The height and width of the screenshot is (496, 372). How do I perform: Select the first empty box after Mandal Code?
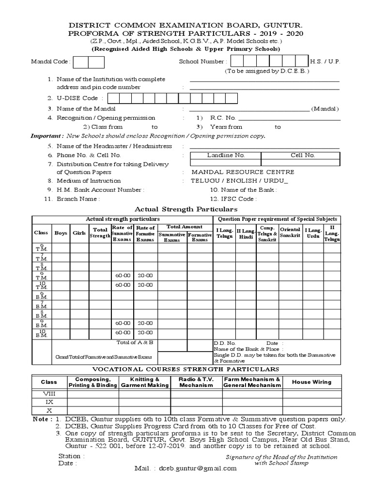pyautogui.click(x=81, y=62)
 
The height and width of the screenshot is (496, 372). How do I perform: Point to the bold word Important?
pyautogui.click(x=46, y=136)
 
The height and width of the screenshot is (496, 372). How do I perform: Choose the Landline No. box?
pyautogui.click(x=226, y=155)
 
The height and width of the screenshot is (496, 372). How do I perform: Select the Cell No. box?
pyautogui.click(x=302, y=155)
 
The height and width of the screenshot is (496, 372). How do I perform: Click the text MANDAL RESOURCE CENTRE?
pyautogui.click(x=243, y=172)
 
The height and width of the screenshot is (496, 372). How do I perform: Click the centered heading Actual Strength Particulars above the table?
pyautogui.click(x=186, y=209)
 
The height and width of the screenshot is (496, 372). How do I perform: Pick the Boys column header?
pyautogui.click(x=61, y=233)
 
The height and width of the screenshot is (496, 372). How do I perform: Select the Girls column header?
pyautogui.click(x=79, y=233)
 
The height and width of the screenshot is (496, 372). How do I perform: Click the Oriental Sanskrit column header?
pyautogui.click(x=290, y=232)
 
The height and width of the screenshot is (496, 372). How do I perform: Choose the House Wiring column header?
pyautogui.click(x=311, y=382)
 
